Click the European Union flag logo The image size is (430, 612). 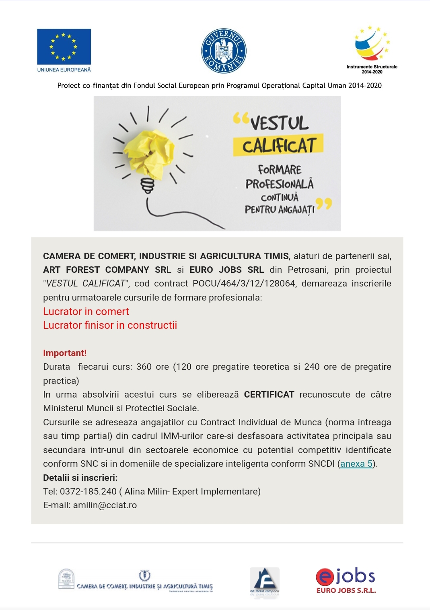point(64,47)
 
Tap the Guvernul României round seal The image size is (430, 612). point(224,51)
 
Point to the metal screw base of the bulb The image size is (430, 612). point(147,186)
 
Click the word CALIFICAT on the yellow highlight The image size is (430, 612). point(279,145)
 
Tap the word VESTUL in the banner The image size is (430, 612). point(280,123)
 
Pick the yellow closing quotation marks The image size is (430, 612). point(324,204)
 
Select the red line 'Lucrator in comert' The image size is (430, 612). point(86,311)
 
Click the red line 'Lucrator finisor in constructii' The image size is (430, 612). point(110,325)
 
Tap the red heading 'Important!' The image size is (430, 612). point(65,353)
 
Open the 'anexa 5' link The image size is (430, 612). point(356,464)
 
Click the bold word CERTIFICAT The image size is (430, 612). point(269,394)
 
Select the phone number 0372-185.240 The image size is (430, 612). point(88,491)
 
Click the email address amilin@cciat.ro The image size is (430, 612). point(105,505)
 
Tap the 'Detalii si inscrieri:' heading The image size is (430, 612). point(80,478)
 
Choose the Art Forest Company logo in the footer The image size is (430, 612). point(264,581)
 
